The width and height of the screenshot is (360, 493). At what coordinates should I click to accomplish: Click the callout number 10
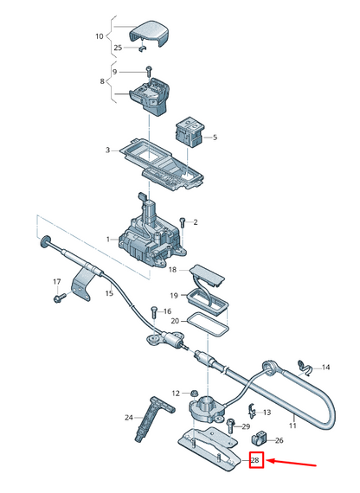(98, 36)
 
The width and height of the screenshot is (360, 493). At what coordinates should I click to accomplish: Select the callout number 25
(118, 48)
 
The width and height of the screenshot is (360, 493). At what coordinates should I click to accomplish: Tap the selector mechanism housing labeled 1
(146, 234)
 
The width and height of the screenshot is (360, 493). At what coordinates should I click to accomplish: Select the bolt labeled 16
(153, 311)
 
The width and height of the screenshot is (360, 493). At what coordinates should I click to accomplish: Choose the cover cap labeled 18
(209, 276)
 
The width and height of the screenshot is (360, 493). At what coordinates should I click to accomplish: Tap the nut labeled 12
(196, 393)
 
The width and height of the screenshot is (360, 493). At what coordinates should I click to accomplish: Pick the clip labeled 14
(304, 366)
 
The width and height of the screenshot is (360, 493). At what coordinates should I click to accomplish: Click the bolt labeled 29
(232, 424)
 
